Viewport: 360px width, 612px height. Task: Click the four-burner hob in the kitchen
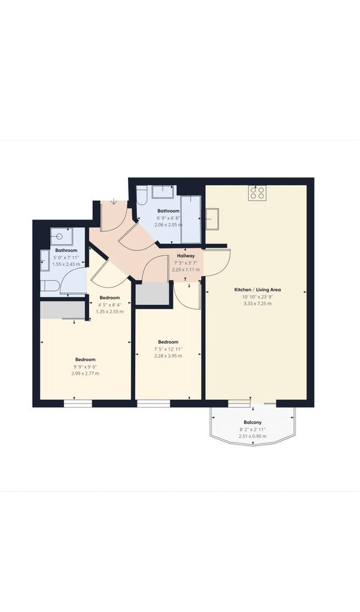click(x=257, y=193)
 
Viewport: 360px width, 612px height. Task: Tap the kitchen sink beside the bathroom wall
click(x=212, y=219)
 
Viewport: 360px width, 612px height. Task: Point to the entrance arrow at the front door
click(x=114, y=201)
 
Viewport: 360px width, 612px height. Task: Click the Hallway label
click(x=186, y=256)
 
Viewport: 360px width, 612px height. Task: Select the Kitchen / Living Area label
click(x=257, y=290)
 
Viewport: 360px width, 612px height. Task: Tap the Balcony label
click(x=252, y=423)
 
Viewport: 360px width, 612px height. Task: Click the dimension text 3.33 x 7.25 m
click(x=257, y=303)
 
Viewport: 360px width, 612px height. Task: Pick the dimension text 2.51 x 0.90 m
click(x=252, y=436)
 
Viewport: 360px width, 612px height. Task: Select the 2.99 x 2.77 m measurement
click(x=85, y=374)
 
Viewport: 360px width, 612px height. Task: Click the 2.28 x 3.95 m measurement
click(x=168, y=356)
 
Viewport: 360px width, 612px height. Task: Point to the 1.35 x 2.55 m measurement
click(x=109, y=311)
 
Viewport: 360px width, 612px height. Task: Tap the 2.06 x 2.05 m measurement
click(x=168, y=225)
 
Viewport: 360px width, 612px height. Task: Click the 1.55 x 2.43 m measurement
click(x=66, y=264)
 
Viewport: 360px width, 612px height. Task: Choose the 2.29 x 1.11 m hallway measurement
click(x=186, y=270)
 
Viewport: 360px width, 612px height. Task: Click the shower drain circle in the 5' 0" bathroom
click(x=59, y=236)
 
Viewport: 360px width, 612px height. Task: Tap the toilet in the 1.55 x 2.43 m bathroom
click(x=50, y=286)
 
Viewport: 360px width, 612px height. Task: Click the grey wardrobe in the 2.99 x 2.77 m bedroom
click(x=62, y=310)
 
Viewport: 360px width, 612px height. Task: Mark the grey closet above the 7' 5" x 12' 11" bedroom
click(x=152, y=293)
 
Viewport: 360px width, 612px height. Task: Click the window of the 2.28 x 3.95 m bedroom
click(x=154, y=403)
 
